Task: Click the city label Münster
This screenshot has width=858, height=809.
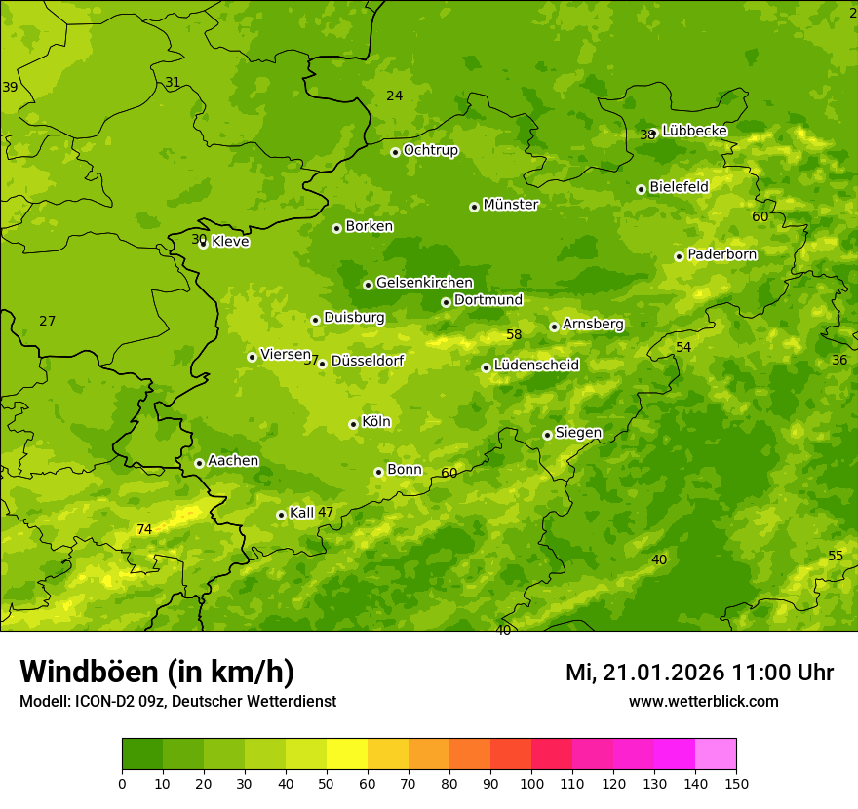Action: pos(510,205)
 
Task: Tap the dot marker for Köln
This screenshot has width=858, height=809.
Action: pos(353,424)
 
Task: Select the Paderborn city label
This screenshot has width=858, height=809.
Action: pos(721,254)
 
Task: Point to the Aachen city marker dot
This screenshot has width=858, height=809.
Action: pos(199,463)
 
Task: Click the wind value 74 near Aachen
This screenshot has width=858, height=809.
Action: pos(144,529)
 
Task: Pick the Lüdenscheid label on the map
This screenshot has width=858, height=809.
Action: pos(536,366)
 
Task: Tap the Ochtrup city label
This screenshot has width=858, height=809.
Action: pos(430,150)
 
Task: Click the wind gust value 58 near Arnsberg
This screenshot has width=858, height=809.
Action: pos(514,334)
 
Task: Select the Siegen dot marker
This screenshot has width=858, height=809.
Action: pos(547,435)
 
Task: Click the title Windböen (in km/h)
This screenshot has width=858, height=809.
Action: pos(157,672)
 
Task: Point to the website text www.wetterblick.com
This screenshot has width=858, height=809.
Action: pos(703,701)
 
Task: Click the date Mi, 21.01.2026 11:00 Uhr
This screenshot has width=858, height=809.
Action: pos(699,673)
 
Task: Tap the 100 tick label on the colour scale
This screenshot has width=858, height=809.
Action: pos(531,783)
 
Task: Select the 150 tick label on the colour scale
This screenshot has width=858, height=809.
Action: pos(736,783)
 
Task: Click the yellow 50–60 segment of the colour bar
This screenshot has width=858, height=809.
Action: pos(347,754)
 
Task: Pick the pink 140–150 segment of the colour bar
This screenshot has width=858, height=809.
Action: pos(716,754)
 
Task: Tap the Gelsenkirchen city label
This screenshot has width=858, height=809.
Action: pos(424,283)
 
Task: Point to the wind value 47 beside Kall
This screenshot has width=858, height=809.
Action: pos(326,512)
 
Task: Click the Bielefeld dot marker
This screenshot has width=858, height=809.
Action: pos(641,189)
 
